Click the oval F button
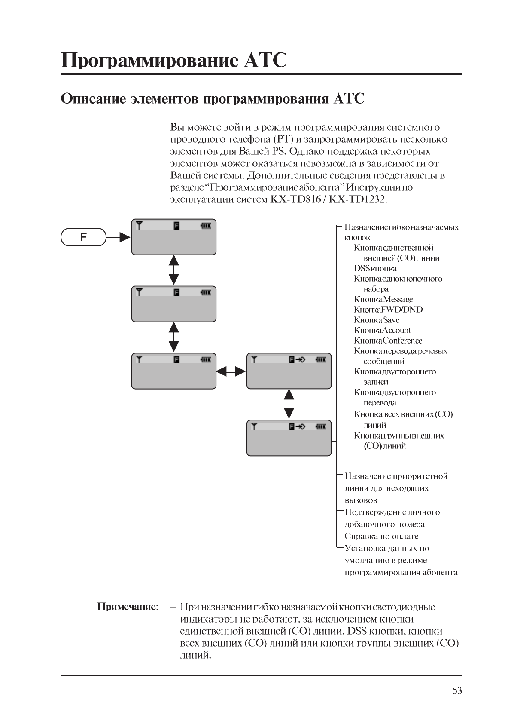(83, 237)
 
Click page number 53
(457, 690)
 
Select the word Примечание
(128, 607)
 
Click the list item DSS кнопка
(375, 268)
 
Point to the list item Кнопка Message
(383, 299)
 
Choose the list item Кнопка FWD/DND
(388, 310)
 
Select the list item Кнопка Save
(377, 320)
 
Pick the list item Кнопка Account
(382, 330)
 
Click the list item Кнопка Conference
(388, 341)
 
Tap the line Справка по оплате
(381, 536)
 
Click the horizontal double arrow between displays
(231, 371)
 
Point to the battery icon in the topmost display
(206, 225)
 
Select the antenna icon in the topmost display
(139, 225)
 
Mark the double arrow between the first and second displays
(173, 270)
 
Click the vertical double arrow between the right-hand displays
(289, 404)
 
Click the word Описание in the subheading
(93, 98)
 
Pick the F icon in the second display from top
(176, 292)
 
